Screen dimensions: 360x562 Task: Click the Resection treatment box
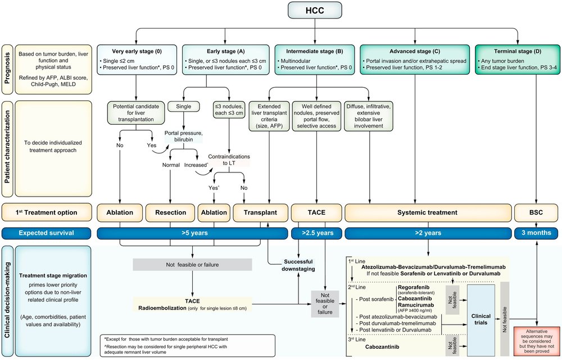[x=170, y=212]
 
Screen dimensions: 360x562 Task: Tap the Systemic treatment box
[x=427, y=212]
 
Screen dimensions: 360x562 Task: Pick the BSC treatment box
[x=537, y=212]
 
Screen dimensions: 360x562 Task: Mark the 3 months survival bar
[x=537, y=233]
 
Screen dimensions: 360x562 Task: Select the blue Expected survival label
[x=47, y=233]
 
